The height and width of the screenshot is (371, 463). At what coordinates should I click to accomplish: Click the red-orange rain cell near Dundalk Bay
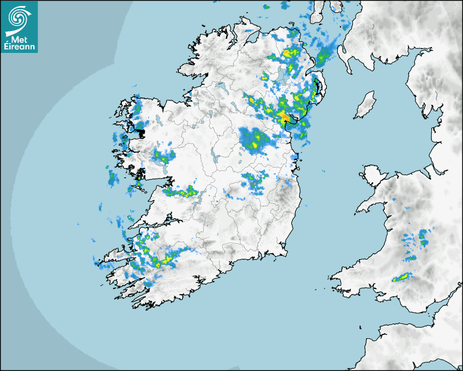[284, 116]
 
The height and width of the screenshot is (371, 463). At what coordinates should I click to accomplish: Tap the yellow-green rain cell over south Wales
[401, 278]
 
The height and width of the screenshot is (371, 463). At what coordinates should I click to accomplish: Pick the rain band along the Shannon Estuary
[182, 192]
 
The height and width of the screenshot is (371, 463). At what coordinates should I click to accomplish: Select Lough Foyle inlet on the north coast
[252, 38]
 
